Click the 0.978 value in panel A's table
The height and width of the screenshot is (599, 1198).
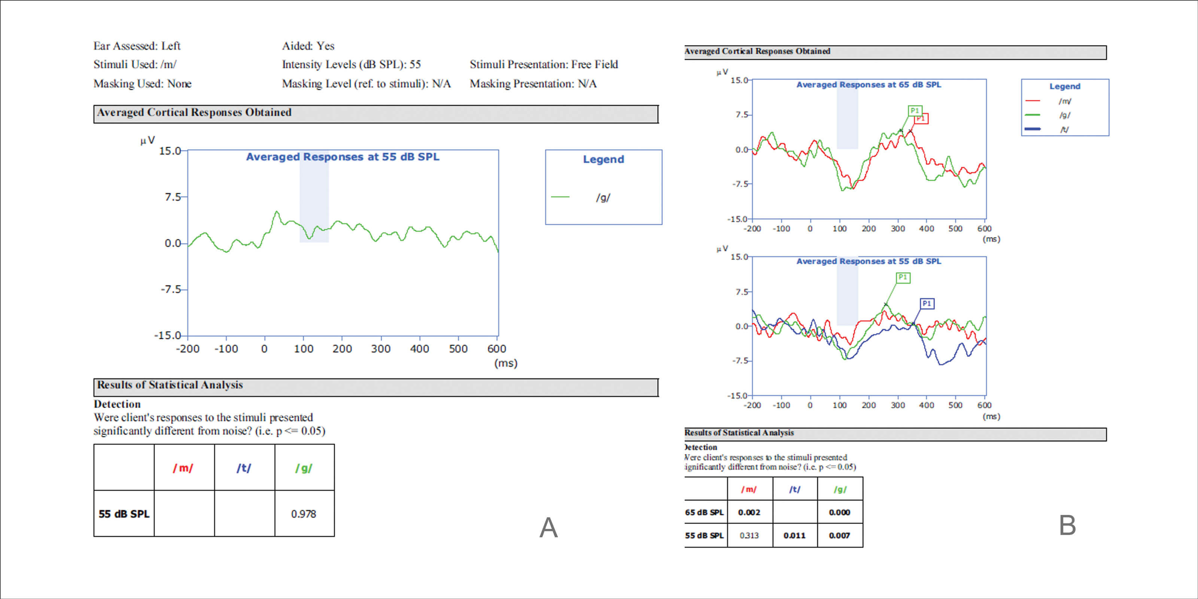[x=303, y=514]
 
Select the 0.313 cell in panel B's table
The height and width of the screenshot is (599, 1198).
[x=749, y=535]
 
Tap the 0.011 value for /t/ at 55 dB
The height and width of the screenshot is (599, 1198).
[x=794, y=535]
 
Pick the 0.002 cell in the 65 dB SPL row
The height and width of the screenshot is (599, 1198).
[x=749, y=513]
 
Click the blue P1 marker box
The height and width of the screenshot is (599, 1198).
[x=927, y=304]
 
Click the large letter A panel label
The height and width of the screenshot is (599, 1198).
[x=548, y=528]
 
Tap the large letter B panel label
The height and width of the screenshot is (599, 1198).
[x=1067, y=526]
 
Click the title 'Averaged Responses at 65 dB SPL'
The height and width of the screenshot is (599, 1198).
[x=868, y=85]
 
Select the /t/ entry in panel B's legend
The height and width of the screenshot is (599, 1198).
[x=1064, y=129]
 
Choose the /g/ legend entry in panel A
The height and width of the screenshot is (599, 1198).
[x=603, y=198]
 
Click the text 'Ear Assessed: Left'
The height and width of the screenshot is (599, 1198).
[x=137, y=46]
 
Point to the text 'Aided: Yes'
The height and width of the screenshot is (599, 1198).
[x=308, y=46]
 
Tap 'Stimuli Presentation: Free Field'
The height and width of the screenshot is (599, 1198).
[x=544, y=64]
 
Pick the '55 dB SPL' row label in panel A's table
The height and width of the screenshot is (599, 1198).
[x=124, y=514]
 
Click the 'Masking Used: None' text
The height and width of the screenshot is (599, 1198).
[x=142, y=84]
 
